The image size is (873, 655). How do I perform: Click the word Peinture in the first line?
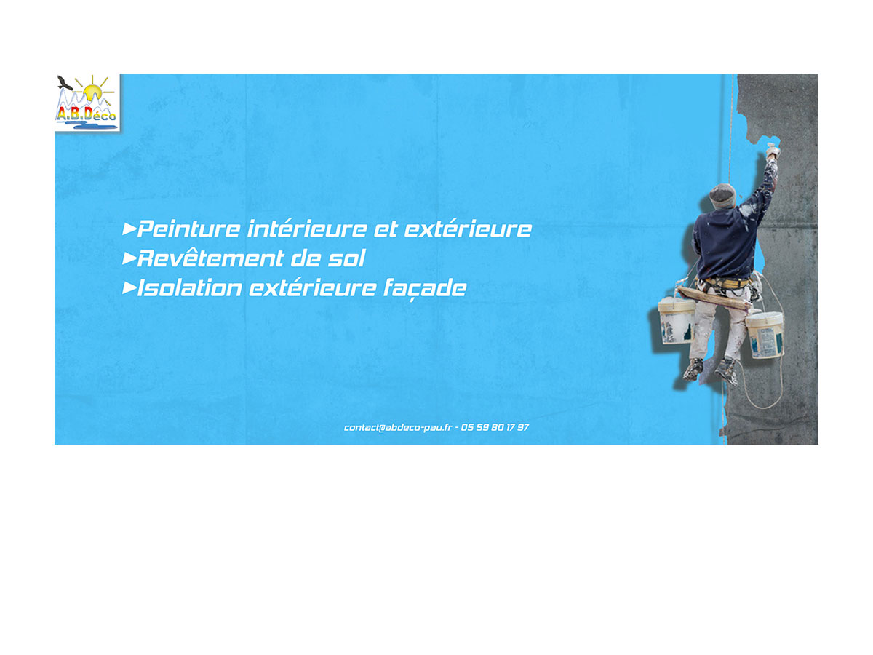[188, 229]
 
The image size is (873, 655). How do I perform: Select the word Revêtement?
[210, 258]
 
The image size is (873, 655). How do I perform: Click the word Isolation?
[189, 287]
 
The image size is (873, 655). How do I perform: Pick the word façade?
[424, 289]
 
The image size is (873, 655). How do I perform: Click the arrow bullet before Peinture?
[129, 229]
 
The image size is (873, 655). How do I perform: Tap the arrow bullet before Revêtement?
[129, 258]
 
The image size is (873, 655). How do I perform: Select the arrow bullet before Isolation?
[129, 288]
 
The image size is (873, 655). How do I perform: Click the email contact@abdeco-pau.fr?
[398, 427]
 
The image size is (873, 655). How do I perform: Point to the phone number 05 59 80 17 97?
[495, 427]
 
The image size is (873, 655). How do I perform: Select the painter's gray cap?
[722, 195]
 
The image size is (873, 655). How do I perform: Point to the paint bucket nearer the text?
[676, 321]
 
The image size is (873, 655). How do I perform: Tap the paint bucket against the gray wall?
[765, 336]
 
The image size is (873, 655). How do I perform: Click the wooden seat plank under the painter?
[714, 298]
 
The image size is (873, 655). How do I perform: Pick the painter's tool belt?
[726, 282]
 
